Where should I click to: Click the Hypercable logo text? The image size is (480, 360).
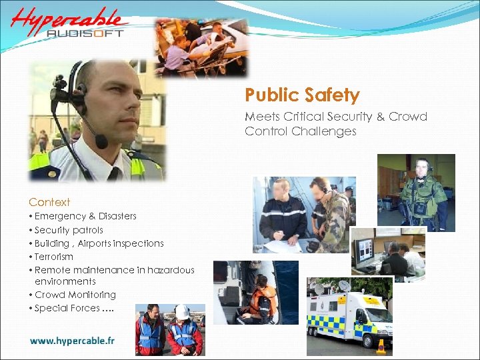click(x=67, y=20)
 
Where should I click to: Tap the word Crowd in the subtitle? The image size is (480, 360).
click(x=409, y=117)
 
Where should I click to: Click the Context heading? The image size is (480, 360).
click(x=49, y=202)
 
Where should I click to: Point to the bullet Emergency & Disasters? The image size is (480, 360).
click(x=85, y=216)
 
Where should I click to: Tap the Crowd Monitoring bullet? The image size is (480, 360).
click(x=75, y=295)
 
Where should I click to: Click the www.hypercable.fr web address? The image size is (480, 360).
click(x=72, y=341)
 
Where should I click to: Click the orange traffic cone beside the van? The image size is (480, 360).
click(x=381, y=346)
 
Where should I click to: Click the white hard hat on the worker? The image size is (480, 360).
click(x=182, y=311)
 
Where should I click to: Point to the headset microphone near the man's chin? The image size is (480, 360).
click(x=101, y=142)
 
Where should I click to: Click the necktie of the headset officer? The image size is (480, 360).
click(x=114, y=174)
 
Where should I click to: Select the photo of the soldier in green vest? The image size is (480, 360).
click(x=417, y=193)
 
